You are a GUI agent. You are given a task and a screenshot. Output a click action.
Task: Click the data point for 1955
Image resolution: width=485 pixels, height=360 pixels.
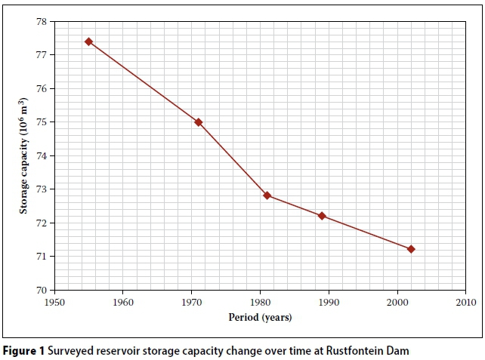click(x=88, y=42)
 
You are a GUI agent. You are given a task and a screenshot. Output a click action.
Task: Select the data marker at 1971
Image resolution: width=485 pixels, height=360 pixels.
click(x=199, y=122)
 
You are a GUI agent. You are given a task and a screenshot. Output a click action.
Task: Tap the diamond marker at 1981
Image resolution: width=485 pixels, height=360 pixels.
click(x=267, y=195)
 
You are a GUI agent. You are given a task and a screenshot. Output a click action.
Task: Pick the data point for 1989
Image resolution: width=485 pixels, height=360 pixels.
click(x=322, y=216)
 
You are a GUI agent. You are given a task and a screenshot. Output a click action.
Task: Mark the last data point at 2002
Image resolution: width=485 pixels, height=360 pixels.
click(x=411, y=249)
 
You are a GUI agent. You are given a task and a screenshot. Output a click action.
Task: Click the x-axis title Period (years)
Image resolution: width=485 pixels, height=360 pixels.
click(x=260, y=317)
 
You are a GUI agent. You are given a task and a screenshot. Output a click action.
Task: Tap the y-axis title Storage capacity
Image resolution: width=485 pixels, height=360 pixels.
click(x=24, y=155)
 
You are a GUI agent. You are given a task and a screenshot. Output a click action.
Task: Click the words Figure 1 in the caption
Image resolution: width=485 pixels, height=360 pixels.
click(x=22, y=350)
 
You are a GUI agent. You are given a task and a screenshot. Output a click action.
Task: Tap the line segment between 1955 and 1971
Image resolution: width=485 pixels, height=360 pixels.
click(x=144, y=82)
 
